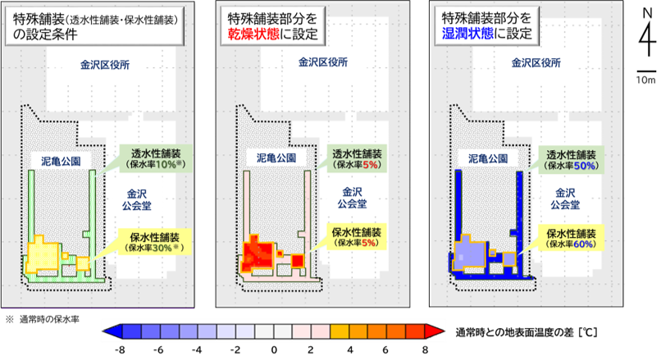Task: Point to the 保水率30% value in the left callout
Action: (x=155, y=247)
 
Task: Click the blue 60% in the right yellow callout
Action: (x=585, y=244)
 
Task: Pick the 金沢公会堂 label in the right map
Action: (x=566, y=198)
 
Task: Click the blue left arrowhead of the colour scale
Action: (x=110, y=331)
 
